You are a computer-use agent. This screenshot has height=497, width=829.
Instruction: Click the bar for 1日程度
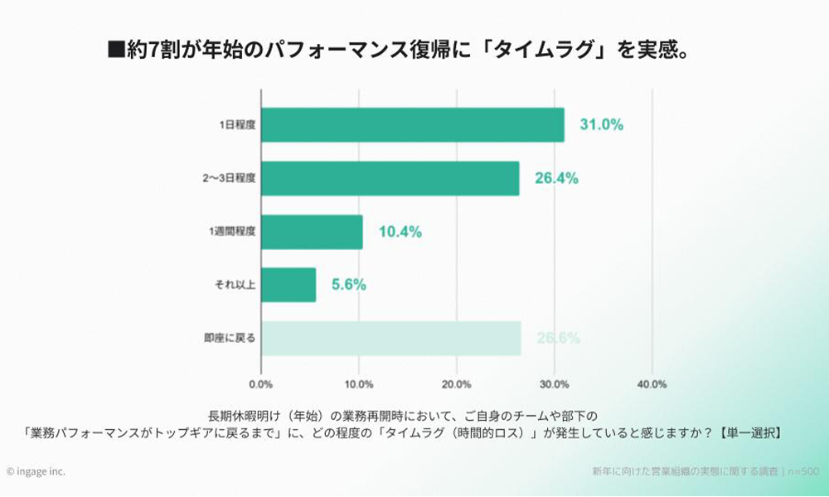(x=412, y=125)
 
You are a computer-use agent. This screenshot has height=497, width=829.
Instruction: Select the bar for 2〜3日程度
(x=390, y=178)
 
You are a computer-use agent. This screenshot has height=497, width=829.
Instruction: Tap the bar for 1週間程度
(x=312, y=232)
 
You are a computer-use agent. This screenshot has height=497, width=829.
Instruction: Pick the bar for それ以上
(x=288, y=285)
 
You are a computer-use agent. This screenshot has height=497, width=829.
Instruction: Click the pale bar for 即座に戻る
(x=390, y=338)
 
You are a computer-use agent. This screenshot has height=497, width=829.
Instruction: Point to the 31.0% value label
(x=601, y=125)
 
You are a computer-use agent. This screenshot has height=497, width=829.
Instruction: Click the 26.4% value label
(x=556, y=178)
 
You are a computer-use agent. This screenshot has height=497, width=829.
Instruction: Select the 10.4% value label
(x=400, y=232)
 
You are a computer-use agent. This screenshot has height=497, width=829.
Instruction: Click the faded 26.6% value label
(x=558, y=338)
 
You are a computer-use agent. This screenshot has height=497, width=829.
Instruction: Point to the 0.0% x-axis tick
(x=261, y=384)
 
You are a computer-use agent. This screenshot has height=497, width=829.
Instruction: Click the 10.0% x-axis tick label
(x=358, y=384)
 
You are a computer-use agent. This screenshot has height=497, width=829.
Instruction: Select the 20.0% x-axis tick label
(x=456, y=384)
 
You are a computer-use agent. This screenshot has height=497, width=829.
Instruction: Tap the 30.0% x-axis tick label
(x=554, y=384)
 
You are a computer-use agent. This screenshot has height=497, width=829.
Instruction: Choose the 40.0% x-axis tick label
(x=652, y=384)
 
